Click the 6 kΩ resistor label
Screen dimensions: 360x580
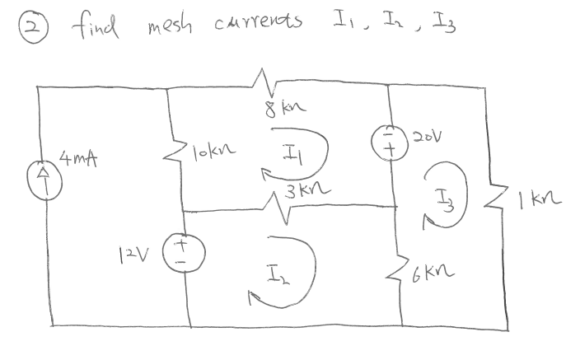[x=435, y=271]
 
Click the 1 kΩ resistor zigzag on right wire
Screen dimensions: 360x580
[x=503, y=199]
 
